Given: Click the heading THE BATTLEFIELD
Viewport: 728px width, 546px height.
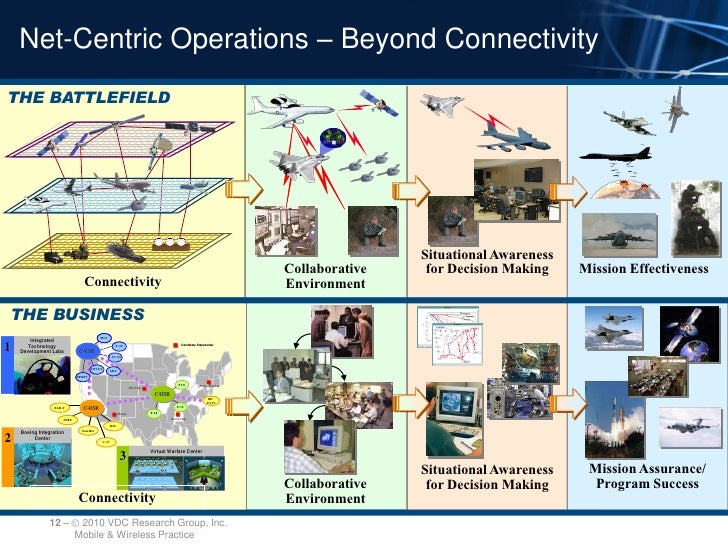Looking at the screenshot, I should [90, 97].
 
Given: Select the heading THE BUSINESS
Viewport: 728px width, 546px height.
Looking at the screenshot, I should [78, 315].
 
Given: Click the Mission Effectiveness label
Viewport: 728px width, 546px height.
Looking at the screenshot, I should [644, 269].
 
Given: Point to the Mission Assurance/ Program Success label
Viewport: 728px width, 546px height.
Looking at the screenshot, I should [646, 477].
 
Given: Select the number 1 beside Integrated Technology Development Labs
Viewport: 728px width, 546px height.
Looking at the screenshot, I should [7, 348].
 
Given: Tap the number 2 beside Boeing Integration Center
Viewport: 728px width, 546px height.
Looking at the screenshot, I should [7, 438].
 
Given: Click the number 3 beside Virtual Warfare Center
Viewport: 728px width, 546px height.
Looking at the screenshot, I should [122, 456].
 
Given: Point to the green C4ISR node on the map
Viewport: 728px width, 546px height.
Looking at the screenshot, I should [161, 393].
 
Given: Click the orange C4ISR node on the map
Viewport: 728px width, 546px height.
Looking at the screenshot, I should [91, 408].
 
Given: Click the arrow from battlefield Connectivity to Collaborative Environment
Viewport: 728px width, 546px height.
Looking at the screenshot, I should [241, 189].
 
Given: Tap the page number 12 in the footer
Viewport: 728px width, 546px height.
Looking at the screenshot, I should [56, 524].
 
